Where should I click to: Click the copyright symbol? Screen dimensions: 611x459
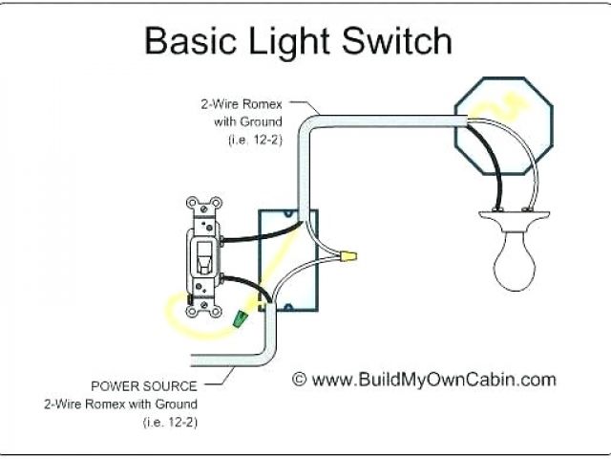click(x=299, y=380)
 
